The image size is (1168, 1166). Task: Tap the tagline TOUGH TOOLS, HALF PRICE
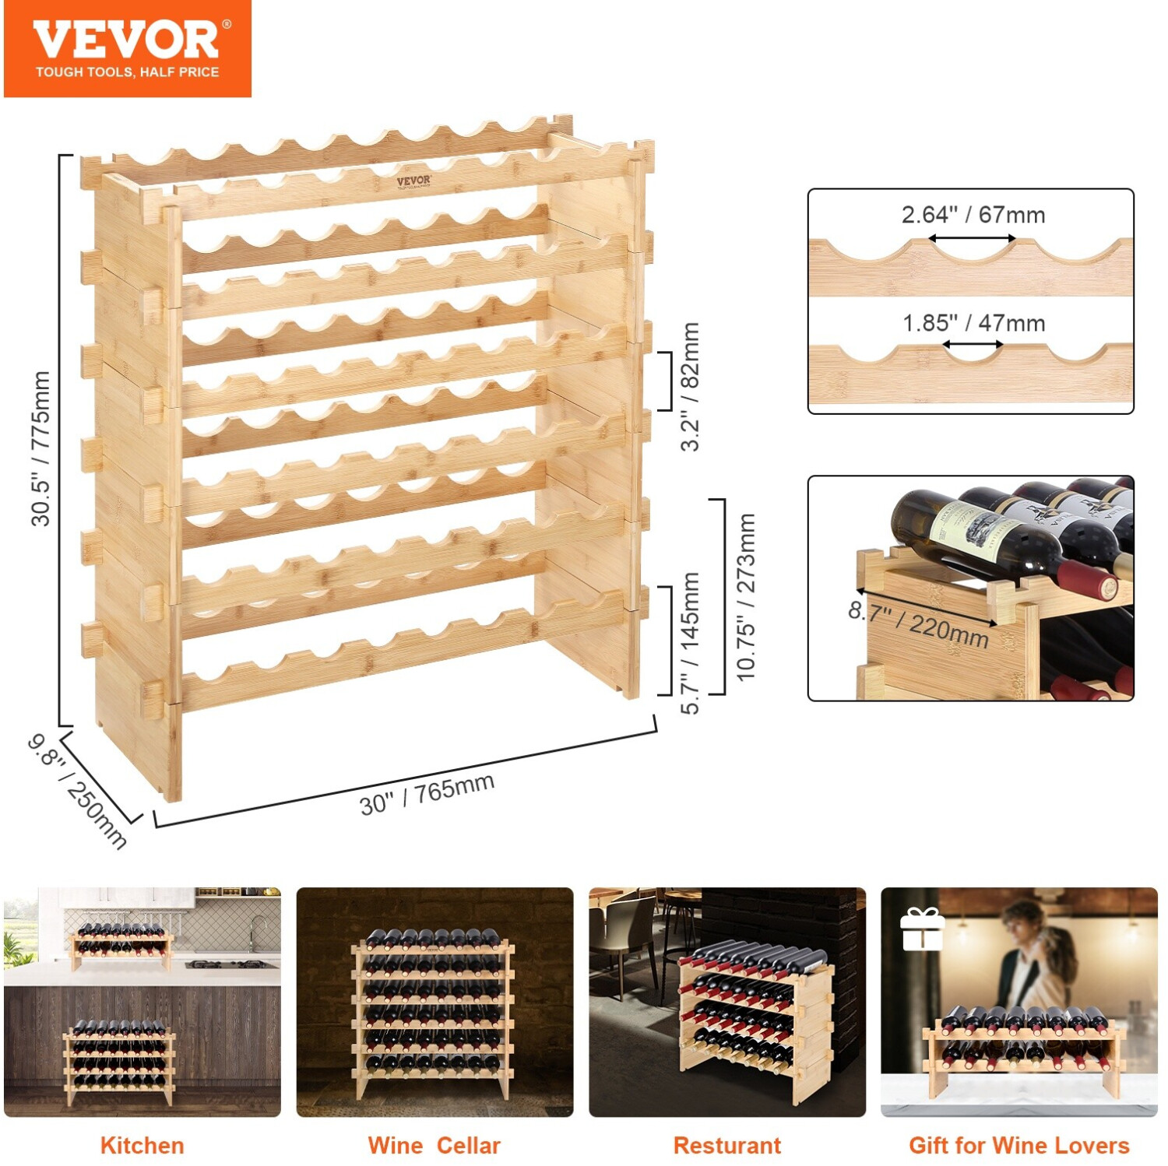[128, 72]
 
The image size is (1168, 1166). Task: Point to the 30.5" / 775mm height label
[40, 448]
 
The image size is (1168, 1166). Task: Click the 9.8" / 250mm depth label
[77, 791]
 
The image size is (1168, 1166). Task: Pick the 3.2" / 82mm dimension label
[690, 386]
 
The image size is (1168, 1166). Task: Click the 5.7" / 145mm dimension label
[690, 643]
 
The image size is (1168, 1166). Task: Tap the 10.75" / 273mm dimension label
[746, 597]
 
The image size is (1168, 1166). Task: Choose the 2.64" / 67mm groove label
[973, 214]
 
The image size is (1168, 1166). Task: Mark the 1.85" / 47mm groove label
[973, 322]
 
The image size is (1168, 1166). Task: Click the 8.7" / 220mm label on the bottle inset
[919, 625]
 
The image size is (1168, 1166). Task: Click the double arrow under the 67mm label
[970, 239]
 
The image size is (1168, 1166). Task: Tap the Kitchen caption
[142, 1146]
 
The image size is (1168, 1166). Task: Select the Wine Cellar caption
[434, 1146]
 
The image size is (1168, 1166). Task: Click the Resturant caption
[726, 1146]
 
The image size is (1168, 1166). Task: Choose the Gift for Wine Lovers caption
[1019, 1146]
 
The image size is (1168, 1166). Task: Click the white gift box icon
[922, 929]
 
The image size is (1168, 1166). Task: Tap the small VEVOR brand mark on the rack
[413, 182]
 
